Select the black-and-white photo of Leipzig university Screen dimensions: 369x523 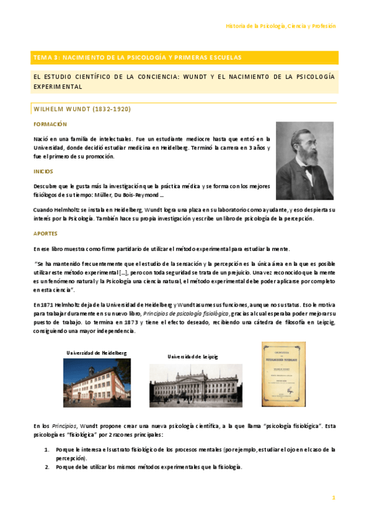[187, 385]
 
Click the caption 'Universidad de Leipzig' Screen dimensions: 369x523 [192, 356]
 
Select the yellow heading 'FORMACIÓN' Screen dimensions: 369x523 [50, 124]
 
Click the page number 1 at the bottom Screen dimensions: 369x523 [333, 497]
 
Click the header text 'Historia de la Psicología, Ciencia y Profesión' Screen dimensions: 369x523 [281, 27]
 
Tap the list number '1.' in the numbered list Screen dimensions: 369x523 [47, 450]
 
